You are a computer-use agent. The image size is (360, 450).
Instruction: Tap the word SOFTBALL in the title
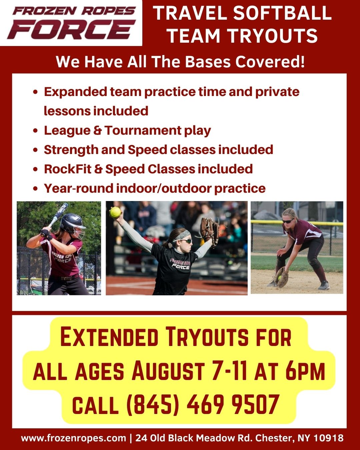coord(282,13)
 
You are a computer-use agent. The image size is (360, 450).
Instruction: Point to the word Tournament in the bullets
coord(143,130)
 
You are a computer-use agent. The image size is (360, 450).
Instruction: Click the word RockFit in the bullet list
coord(68,169)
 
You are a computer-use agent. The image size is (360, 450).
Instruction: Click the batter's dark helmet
coord(72,224)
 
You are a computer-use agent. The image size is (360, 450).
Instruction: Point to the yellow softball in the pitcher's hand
coord(115,212)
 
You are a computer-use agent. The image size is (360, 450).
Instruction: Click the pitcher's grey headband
coord(181,235)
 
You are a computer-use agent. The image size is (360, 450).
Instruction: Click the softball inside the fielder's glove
coord(280,278)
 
